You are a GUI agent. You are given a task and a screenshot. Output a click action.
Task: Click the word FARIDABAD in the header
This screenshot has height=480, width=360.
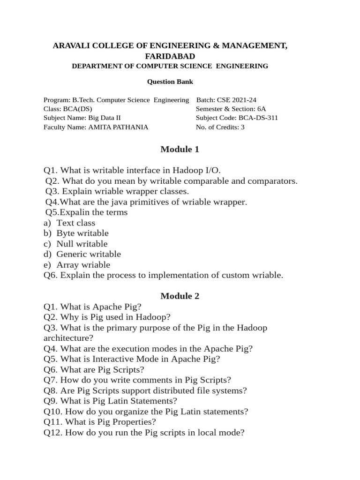pyautogui.click(x=170, y=56)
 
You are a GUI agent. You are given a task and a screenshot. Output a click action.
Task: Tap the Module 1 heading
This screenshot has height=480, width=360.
pyautogui.click(x=180, y=150)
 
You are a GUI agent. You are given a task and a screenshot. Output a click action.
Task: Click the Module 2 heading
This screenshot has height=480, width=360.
pyautogui.click(x=180, y=296)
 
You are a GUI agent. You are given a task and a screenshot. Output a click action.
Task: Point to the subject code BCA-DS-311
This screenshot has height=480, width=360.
pyautogui.click(x=258, y=118)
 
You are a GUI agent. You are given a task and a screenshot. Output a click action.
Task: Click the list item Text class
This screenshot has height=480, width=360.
pyautogui.click(x=75, y=223)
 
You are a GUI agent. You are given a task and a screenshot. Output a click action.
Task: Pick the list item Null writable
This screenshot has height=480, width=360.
pyautogui.click(x=82, y=244)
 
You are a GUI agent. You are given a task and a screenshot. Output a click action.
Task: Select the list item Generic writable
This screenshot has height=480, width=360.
pyautogui.click(x=89, y=254)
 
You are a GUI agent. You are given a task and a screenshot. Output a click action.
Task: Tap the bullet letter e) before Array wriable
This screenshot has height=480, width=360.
pyautogui.click(x=47, y=265)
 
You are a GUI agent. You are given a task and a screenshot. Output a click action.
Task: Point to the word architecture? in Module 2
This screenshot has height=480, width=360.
pyautogui.click(x=68, y=338)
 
